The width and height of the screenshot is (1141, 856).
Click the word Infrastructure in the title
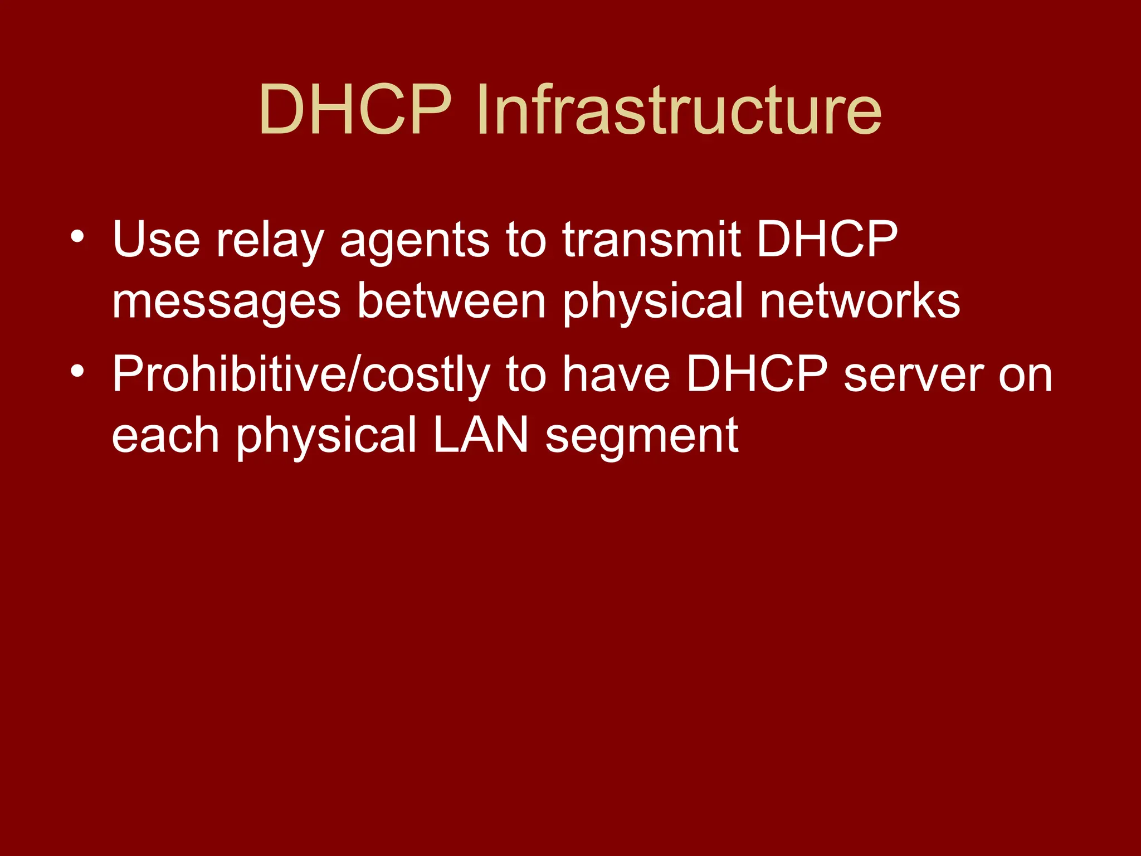point(679,110)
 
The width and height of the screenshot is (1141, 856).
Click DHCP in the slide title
point(355,110)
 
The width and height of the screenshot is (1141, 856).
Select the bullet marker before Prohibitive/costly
point(77,371)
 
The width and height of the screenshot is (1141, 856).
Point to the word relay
point(270,241)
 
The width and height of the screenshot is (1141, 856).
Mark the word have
point(616,374)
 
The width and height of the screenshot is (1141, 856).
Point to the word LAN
point(480,435)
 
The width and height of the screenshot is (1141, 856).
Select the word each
point(165,435)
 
